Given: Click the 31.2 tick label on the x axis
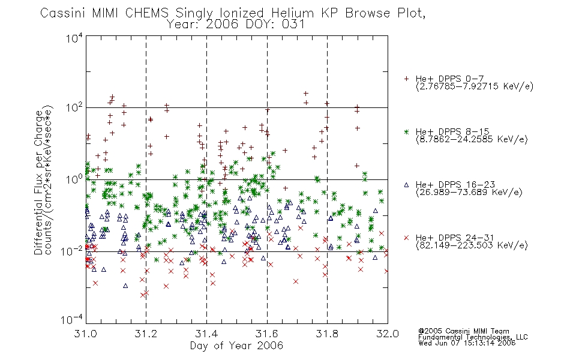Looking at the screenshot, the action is [146, 334].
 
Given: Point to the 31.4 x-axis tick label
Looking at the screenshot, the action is [206, 334].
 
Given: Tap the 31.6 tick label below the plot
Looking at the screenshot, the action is [267, 334].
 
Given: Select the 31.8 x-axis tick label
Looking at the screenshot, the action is [327, 334].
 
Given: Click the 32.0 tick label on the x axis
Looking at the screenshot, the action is [388, 334].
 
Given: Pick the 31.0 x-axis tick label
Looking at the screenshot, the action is [85, 334].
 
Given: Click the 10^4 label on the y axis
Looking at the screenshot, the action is [74, 38].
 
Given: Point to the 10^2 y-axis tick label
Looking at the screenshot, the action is [74, 108].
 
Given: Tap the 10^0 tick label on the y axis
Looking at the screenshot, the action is [74, 180].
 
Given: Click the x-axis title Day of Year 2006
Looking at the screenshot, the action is [236, 346].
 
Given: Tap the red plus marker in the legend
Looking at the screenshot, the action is [406, 79].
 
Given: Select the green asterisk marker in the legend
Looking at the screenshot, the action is [406, 132].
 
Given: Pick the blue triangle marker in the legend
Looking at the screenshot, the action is [406, 185].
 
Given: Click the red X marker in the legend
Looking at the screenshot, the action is [406, 238].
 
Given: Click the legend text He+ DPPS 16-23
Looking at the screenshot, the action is [455, 185].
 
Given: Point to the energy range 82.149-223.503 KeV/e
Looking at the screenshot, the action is [472, 245].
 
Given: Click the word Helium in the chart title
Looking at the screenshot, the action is [292, 13].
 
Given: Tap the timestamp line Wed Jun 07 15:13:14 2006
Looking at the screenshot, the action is [467, 343].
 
